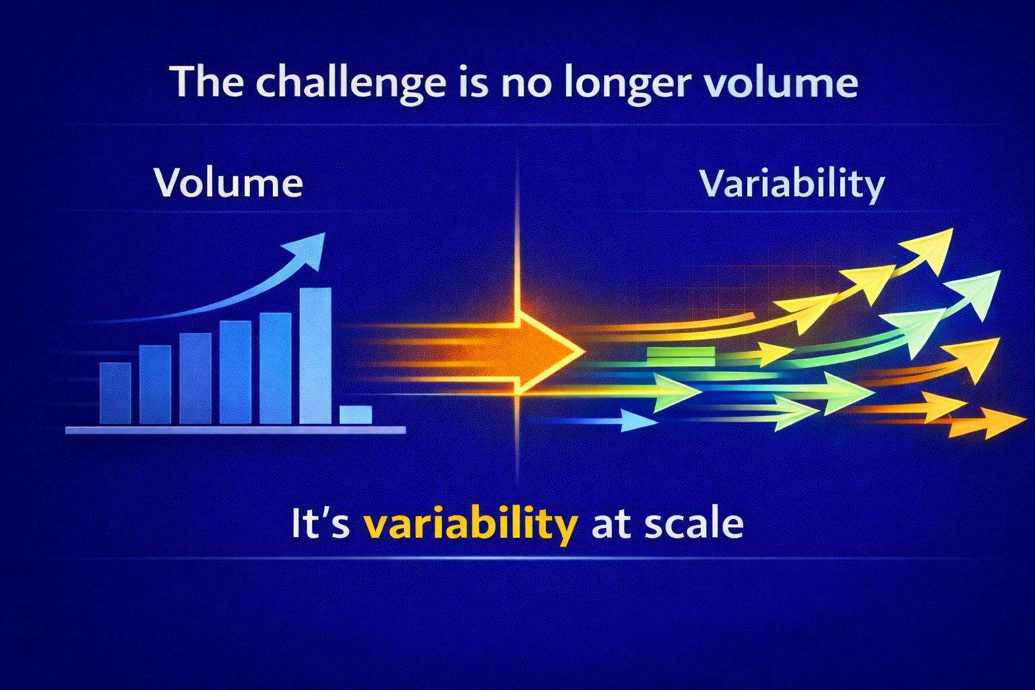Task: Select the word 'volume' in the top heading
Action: (780, 82)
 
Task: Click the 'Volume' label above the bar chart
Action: (228, 183)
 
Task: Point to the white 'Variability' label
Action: (792, 185)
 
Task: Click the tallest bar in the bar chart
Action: (315, 356)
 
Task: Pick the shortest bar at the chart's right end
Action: (356, 414)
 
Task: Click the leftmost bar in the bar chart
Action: (115, 394)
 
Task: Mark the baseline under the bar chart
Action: (236, 431)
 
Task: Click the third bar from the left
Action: (195, 379)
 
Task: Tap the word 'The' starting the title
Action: (208, 82)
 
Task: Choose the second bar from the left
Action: (155, 385)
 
